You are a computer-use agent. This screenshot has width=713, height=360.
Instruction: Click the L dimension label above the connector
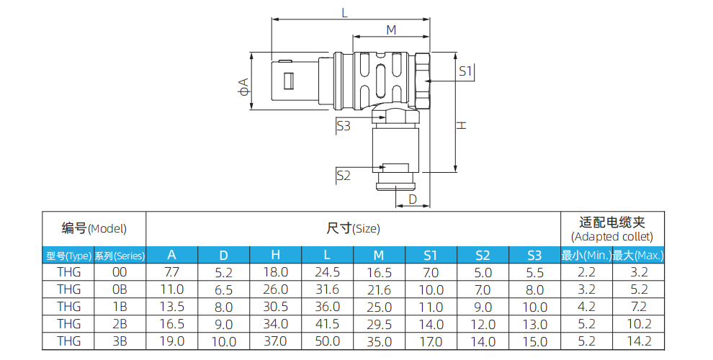pyautogui.click(x=344, y=12)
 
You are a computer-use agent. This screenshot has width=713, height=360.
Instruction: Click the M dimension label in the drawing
pyautogui.click(x=391, y=30)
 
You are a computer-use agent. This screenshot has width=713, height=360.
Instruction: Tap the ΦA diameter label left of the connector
pyautogui.click(x=243, y=87)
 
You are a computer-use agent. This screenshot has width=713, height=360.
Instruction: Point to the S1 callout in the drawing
pyautogui.click(x=465, y=71)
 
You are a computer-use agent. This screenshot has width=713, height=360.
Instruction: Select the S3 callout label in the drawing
pyautogui.click(x=344, y=126)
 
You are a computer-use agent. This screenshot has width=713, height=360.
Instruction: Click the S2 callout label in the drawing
pyautogui.click(x=344, y=175)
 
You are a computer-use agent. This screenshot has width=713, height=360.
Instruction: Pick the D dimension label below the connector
pyautogui.click(x=413, y=198)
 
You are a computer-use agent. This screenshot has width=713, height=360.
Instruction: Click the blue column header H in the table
pyautogui.click(x=275, y=255)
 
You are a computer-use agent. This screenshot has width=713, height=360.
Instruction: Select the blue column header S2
pyautogui.click(x=483, y=255)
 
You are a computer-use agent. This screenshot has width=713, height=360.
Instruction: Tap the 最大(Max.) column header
pyautogui.click(x=638, y=255)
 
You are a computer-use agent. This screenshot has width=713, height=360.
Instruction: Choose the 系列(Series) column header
pyautogui.click(x=120, y=255)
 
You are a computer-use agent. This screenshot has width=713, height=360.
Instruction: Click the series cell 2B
pyautogui.click(x=120, y=324)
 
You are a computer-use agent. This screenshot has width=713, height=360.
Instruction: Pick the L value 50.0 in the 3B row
pyautogui.click(x=327, y=341)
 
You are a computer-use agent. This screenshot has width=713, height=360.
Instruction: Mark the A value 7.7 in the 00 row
pyautogui.click(x=171, y=272)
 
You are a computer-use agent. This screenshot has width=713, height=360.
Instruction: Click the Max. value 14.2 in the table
pyautogui.click(x=638, y=341)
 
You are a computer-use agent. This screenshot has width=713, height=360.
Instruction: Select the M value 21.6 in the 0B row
pyautogui.click(x=379, y=289)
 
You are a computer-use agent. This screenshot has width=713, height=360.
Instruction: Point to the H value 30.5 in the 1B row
pyautogui.click(x=275, y=307)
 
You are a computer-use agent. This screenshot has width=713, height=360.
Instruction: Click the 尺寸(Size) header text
pyautogui.click(x=353, y=229)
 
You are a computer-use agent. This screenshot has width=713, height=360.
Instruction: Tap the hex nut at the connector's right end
pyautogui.click(x=421, y=78)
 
